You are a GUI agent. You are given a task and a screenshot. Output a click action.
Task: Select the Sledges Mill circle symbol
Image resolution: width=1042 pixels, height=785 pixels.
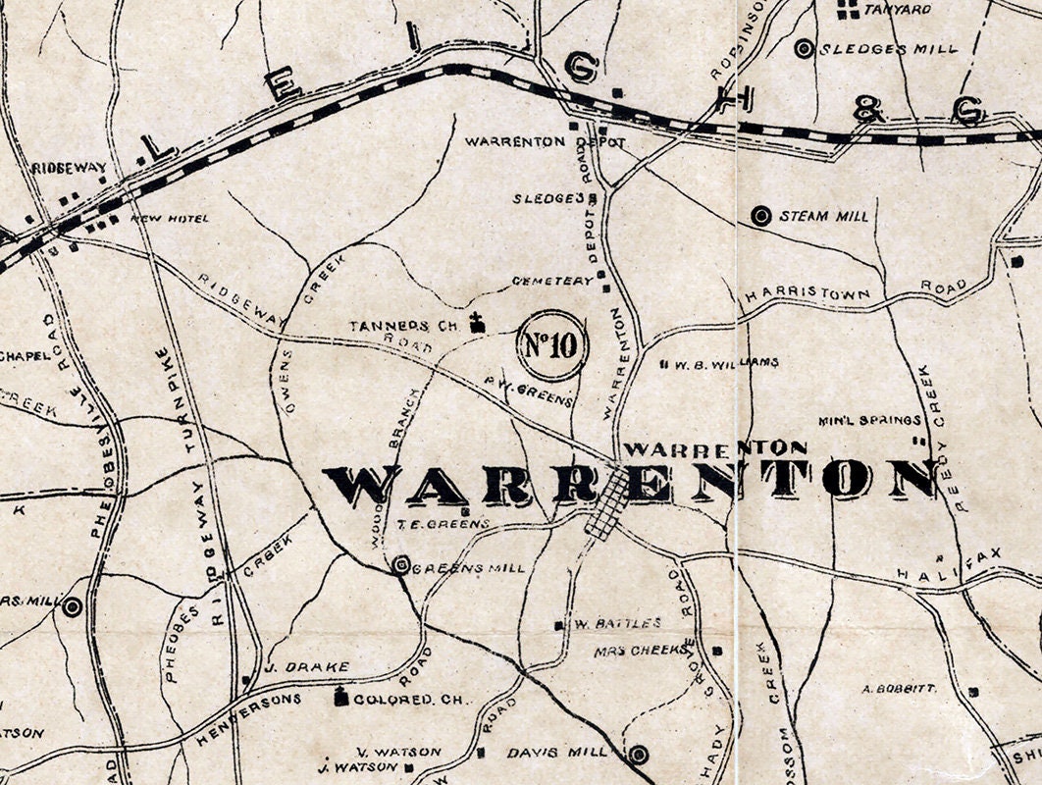(x=805, y=48)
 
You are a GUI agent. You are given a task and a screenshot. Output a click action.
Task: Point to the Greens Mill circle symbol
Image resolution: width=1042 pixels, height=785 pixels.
(x=400, y=565)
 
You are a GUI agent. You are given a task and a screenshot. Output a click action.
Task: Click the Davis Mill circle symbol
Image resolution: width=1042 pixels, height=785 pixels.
(x=639, y=754)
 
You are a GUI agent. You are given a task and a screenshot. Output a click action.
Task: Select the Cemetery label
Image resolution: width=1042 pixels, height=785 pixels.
(x=552, y=281)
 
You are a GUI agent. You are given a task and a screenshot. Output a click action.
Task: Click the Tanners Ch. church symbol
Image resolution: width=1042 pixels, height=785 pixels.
(x=478, y=323)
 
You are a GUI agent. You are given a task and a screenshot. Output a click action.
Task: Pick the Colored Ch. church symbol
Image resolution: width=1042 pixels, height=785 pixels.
(x=341, y=699)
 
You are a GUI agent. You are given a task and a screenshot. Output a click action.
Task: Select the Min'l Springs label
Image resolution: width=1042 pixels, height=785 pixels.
(x=863, y=421)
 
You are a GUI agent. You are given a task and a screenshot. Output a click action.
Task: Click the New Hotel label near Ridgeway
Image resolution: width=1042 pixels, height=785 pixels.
(x=170, y=218)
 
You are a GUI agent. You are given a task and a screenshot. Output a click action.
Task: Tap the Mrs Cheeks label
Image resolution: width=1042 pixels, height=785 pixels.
(x=641, y=651)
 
